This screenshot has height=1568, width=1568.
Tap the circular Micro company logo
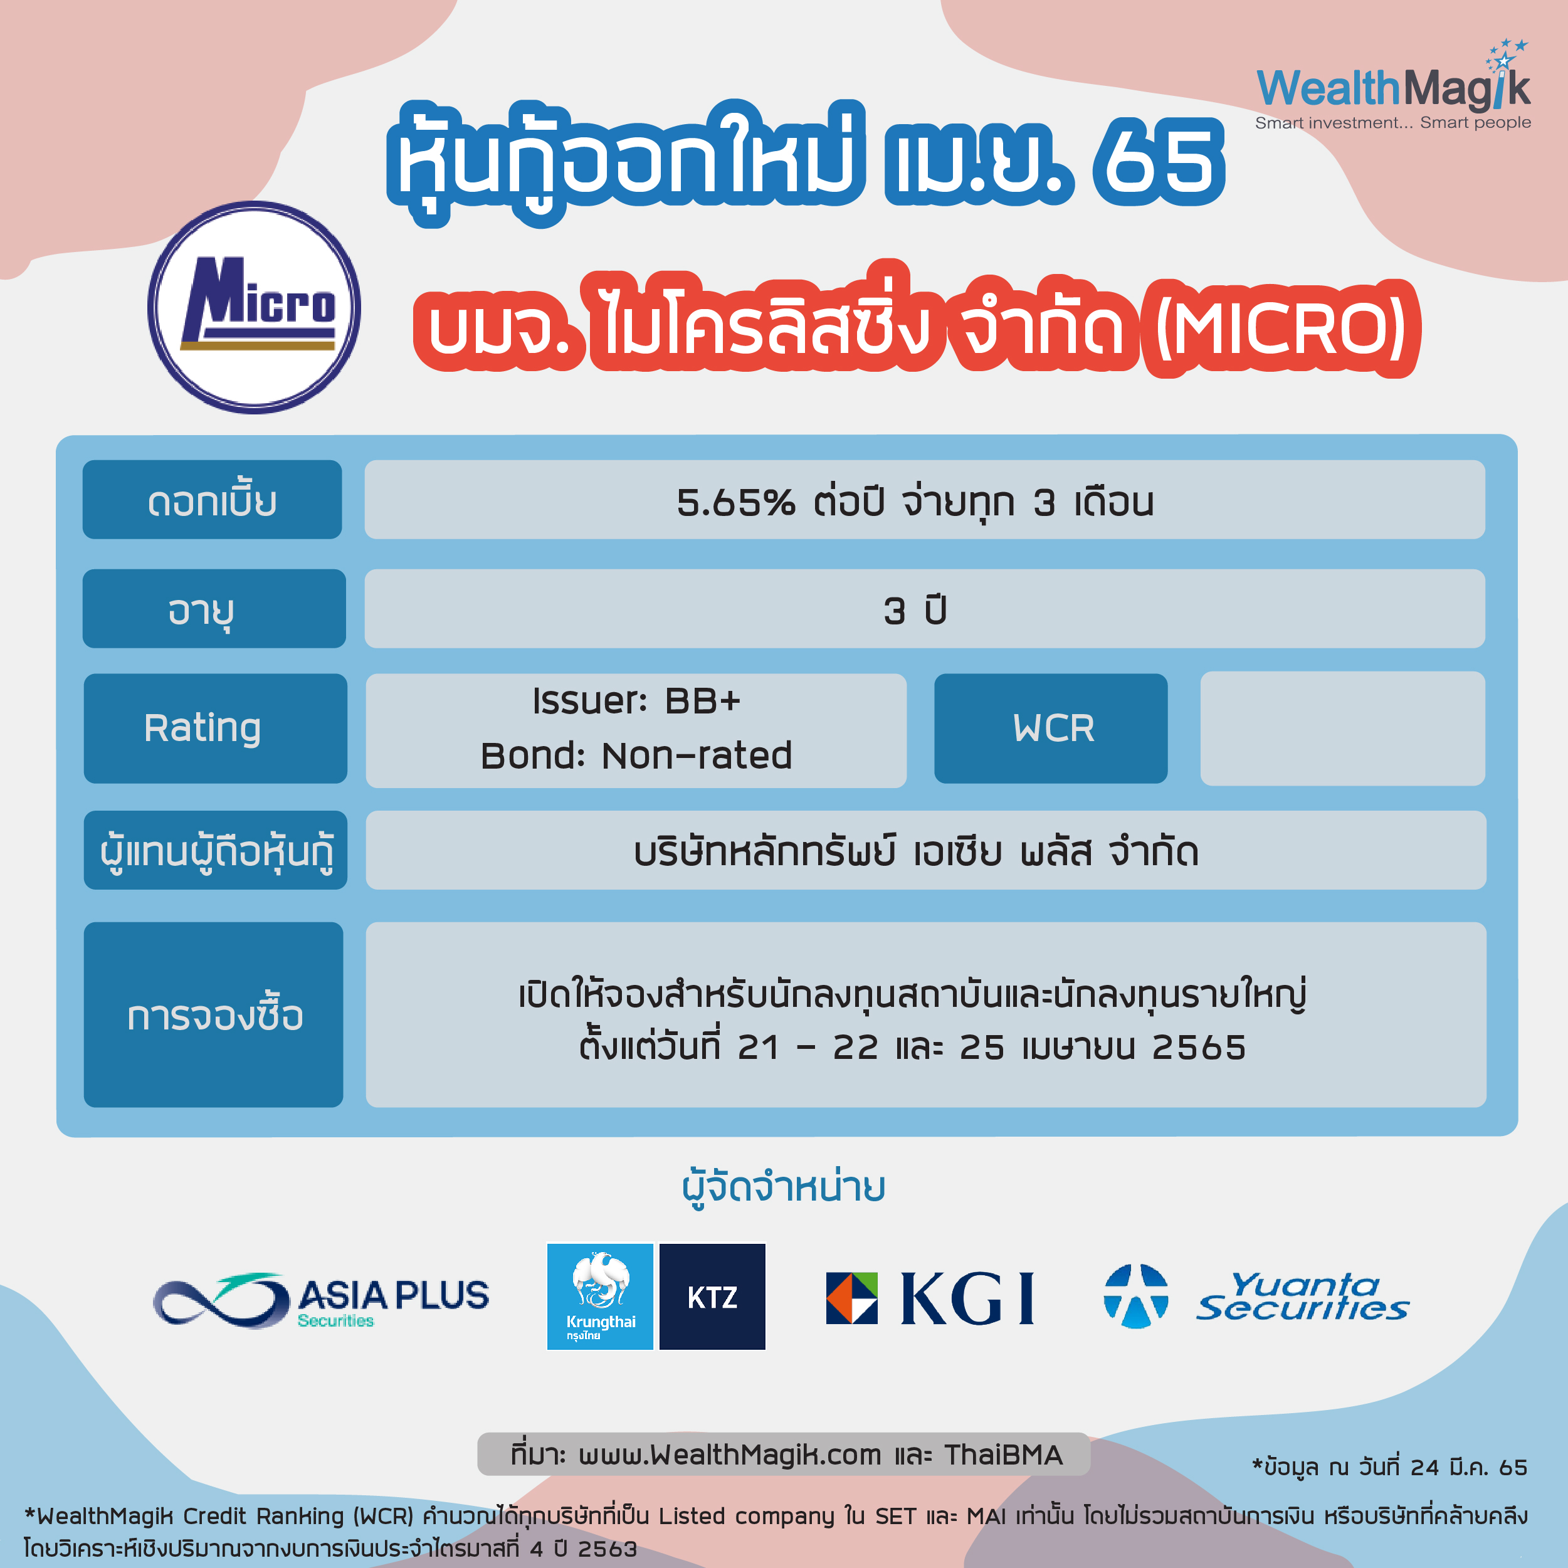(x=254, y=308)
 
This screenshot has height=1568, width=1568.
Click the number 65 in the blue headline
(x=1158, y=160)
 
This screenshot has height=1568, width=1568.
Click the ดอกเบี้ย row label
(x=213, y=500)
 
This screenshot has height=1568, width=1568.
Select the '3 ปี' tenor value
(x=915, y=610)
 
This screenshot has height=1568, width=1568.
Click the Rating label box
(x=215, y=728)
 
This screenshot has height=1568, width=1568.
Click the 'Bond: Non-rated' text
(x=636, y=755)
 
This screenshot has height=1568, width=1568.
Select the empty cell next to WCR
(x=1342, y=728)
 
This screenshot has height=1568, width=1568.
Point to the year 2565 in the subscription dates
(x=1199, y=1048)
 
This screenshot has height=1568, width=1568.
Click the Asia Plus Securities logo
(x=322, y=1300)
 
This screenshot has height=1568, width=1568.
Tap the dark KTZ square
(x=712, y=1296)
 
